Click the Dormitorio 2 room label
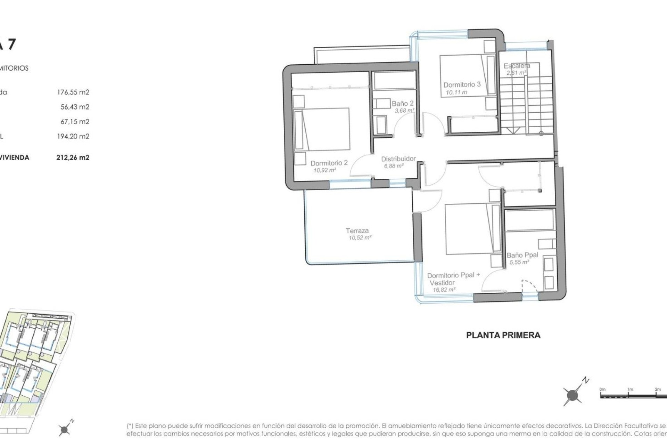pos(329,163)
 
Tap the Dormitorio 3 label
pos(462,84)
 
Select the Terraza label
pos(357,230)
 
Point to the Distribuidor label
pos(398,159)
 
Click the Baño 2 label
pos(403,104)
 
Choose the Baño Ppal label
pos(522,255)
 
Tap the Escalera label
pos(517,66)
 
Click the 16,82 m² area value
pos(444,290)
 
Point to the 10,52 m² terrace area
pos(360,238)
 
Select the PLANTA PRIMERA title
pos(503,335)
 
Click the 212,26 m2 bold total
pos(73,157)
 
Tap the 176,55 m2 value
pos(73,92)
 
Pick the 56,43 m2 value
pos(75,107)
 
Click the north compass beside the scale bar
pos(573,395)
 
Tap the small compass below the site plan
pos(65,430)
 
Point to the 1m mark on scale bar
pos(630,389)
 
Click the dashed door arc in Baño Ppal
pos(530,286)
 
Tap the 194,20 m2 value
pos(73,136)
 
